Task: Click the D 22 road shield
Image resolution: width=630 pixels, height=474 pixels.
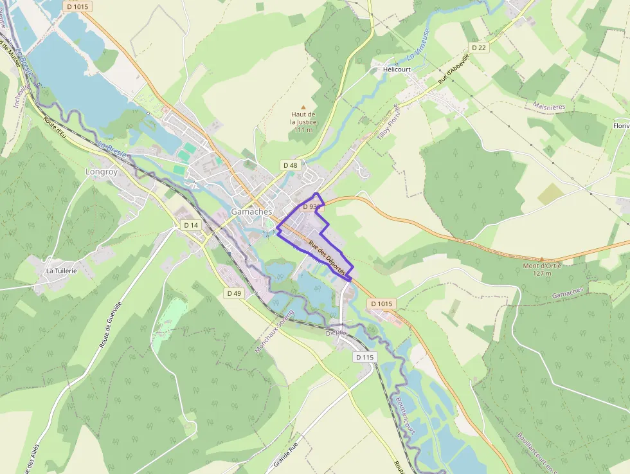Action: pos(478,48)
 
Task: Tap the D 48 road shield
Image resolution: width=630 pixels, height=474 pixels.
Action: pos(291,165)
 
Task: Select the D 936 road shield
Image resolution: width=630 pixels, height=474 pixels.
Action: pos(311,207)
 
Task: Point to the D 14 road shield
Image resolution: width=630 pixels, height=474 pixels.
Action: pos(191,225)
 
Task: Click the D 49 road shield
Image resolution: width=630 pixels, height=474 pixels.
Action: pos(234,293)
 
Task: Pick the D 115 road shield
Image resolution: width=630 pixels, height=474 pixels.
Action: pos(364,357)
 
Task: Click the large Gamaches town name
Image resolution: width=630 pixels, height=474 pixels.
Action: pos(251,212)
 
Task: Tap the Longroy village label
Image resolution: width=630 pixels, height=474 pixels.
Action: pos(102,172)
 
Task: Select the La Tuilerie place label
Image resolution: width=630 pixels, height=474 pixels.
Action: pos(61,271)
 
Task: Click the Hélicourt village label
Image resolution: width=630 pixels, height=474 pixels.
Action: pos(396,69)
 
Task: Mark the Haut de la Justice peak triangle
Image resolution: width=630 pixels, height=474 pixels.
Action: pos(303,107)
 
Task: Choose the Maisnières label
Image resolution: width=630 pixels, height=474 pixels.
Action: pos(549,105)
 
